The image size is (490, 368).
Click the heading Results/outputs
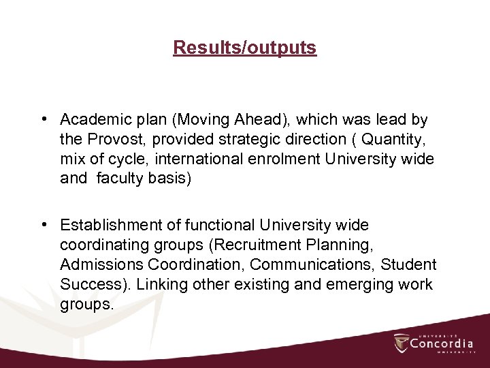[x=244, y=48]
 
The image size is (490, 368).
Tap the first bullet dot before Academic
[x=43, y=120]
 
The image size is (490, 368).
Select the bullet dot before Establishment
[x=43, y=225]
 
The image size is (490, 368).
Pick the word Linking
[x=161, y=284]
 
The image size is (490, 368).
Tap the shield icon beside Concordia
[x=401, y=343]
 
